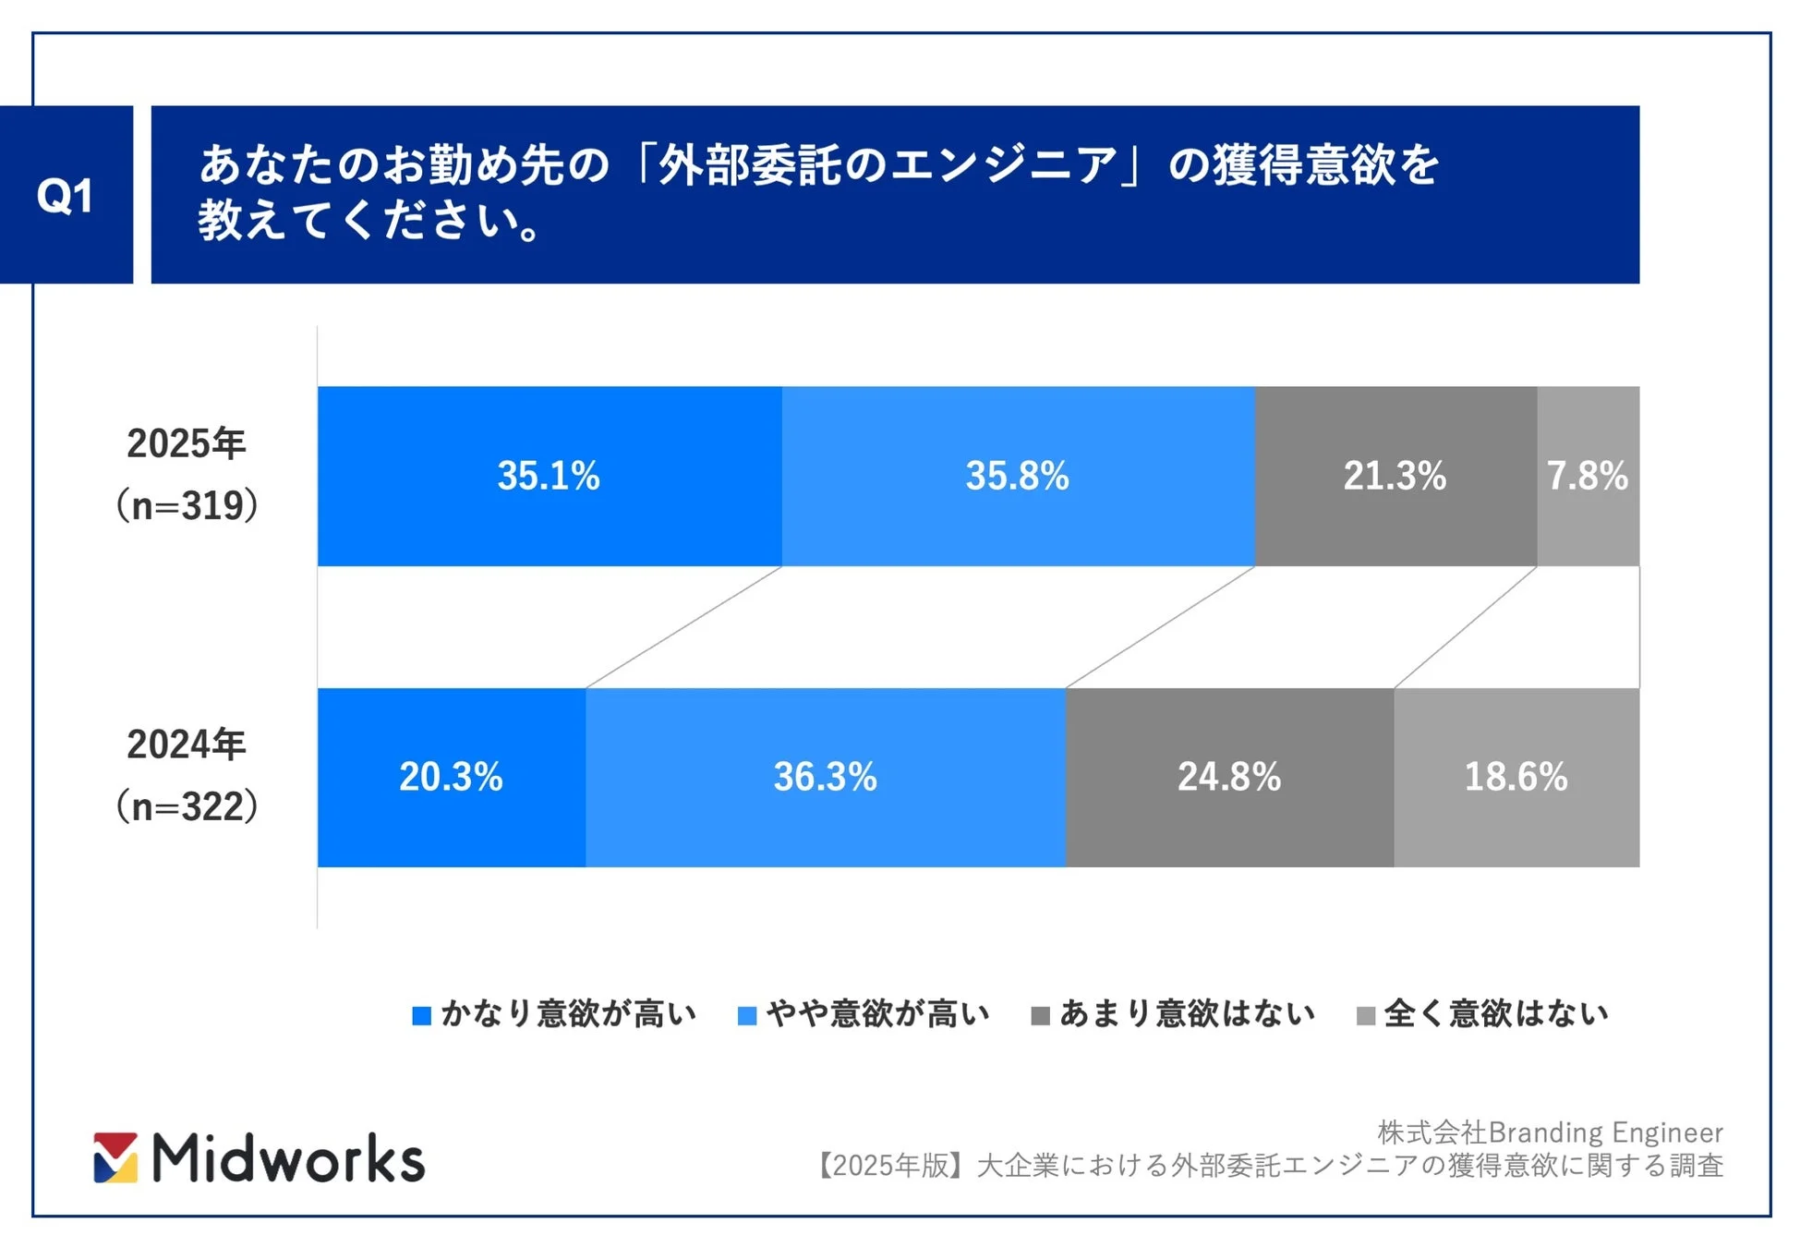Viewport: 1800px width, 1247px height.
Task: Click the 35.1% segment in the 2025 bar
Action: coord(549,476)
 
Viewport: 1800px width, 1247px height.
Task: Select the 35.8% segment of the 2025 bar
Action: coord(1017,476)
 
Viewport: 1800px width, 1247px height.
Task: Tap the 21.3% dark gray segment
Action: coord(1395,476)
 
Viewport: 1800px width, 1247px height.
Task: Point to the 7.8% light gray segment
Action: coord(1588,476)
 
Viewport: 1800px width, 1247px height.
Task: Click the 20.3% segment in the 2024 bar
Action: coord(451,777)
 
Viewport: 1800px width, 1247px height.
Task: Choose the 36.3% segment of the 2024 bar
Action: coord(825,777)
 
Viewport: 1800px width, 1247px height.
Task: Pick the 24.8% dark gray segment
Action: coord(1228,777)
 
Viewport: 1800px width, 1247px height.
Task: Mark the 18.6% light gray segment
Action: coord(1516,777)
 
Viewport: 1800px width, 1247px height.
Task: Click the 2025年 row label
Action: coord(186,444)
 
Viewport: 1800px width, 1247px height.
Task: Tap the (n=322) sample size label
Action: coord(186,806)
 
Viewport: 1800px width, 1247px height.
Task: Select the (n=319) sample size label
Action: coord(186,505)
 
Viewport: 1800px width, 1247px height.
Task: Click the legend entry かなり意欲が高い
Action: coord(555,1013)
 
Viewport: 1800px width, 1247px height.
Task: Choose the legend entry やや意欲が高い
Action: coord(864,1013)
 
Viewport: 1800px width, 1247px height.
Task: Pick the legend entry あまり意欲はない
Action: coord(1174,1013)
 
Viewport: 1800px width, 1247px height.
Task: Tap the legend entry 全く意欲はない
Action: coord(1483,1013)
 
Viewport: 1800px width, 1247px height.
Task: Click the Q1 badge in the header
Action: coord(65,195)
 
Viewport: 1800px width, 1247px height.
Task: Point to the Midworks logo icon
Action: coord(115,1157)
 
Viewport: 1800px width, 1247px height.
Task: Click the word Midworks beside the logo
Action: coord(288,1158)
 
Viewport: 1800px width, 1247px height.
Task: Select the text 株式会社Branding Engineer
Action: coord(1550,1132)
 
